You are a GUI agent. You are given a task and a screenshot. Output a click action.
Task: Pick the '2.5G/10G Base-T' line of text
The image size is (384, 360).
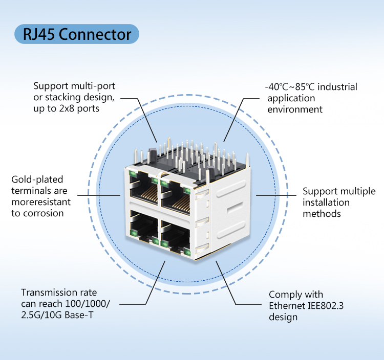tap(57, 315)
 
